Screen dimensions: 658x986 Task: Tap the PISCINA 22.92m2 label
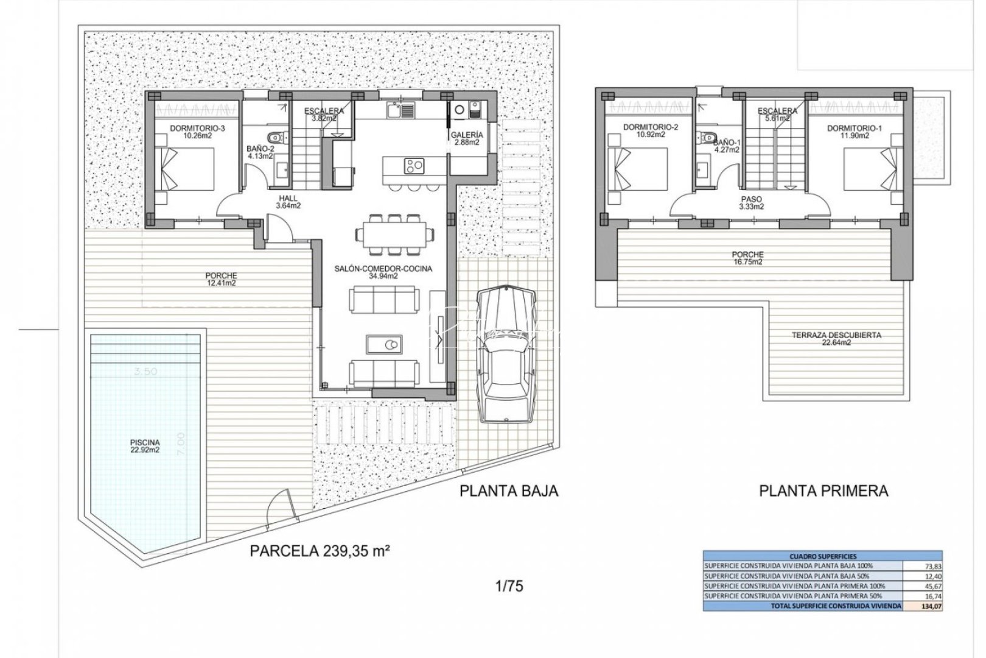[x=145, y=447]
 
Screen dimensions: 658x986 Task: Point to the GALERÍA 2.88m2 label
[x=467, y=138]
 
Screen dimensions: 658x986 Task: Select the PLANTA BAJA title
[x=509, y=491]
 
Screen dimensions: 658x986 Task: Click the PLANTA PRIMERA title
[x=823, y=491]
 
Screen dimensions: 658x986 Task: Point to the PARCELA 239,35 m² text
[x=320, y=551]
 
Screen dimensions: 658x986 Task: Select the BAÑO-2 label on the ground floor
[x=260, y=152]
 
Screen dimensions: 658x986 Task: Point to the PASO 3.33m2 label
[x=752, y=203]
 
